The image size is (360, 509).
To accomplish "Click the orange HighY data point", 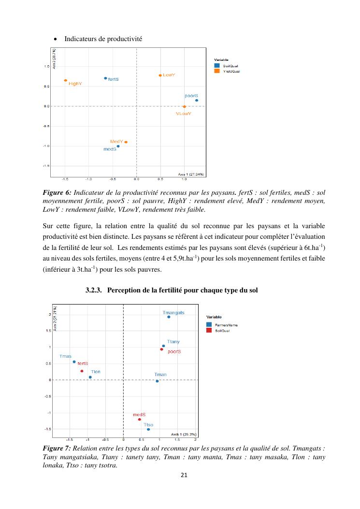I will click(x=66, y=80).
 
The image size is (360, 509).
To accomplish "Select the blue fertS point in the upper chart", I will click(x=105, y=78).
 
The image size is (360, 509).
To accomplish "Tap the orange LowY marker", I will click(x=160, y=75).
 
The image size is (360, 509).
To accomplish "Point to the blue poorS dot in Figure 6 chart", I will click(x=197, y=101).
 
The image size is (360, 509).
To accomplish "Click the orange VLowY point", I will click(x=184, y=107).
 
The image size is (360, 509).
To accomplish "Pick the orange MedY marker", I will click(x=126, y=142).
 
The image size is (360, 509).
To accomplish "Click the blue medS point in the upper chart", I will click(x=118, y=146).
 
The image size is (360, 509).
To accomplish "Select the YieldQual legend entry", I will click(x=230, y=71).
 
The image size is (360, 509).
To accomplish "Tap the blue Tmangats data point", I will click(x=169, y=317).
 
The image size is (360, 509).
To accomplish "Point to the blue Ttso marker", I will click(x=148, y=429).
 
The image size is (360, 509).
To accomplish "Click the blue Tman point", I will click(x=157, y=381).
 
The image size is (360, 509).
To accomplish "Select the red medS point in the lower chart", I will click(x=139, y=419).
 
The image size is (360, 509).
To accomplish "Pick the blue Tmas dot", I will click(x=74, y=362).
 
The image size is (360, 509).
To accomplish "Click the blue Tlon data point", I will click(x=90, y=377).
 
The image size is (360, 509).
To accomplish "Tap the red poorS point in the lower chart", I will click(x=161, y=349).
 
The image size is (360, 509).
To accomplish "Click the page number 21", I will click(x=183, y=475).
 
